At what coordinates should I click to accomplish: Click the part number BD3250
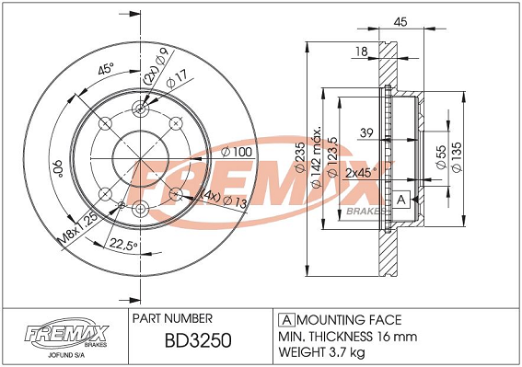198,340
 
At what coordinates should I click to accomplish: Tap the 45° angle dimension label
106,69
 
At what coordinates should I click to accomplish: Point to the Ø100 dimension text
237,152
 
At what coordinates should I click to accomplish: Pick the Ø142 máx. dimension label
317,156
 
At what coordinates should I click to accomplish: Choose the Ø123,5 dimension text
333,157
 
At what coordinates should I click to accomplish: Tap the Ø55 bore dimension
441,156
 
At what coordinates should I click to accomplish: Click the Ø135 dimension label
457,157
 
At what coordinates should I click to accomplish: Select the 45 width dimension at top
400,22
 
